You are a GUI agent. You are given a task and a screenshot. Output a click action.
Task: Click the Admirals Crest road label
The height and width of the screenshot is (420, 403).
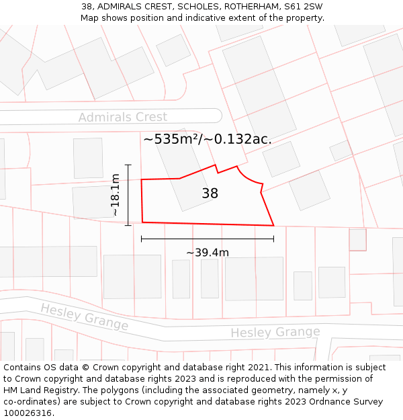pos(123,117)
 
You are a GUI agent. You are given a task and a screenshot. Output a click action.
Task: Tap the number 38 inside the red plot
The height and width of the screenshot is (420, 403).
pos(210,194)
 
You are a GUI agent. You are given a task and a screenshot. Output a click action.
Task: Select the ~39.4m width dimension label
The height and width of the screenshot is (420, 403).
pos(208,253)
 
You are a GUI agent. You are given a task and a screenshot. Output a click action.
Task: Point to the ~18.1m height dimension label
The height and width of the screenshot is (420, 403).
pos(116,195)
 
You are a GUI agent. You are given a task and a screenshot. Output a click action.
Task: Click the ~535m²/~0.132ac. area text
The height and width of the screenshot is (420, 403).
pos(208,139)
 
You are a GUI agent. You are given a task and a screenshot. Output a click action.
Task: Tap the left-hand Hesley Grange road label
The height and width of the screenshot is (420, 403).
pos(84,317)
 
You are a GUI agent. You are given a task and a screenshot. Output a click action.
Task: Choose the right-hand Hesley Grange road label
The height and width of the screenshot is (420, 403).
pos(275,332)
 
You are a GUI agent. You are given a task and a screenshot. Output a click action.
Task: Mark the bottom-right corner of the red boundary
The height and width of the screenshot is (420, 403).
pos(273,226)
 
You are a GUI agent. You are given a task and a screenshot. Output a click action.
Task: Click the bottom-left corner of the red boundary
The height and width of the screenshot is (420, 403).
pos(142,222)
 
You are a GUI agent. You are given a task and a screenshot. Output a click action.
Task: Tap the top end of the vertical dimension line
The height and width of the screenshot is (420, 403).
pos(128,165)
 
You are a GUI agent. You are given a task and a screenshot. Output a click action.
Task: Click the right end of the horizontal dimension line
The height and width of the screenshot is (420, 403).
pos(273,238)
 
